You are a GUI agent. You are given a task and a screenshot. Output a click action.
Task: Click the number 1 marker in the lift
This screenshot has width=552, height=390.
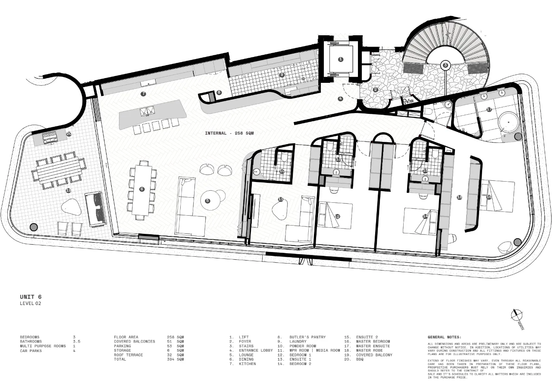[x=341, y=59]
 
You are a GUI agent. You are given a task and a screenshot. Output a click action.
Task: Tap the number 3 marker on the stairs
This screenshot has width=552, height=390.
[x=445, y=65]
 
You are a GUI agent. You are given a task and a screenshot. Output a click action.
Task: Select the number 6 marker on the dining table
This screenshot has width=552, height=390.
[x=141, y=189]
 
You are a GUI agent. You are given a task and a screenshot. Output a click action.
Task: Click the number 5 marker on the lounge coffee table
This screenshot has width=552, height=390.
[x=207, y=201]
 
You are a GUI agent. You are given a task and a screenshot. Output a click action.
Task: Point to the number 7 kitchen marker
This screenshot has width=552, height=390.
[x=143, y=94]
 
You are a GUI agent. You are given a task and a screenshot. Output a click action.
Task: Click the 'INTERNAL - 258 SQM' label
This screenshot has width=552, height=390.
[x=229, y=133]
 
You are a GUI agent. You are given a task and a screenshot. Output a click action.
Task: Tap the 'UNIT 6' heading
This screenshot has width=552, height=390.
[x=31, y=297]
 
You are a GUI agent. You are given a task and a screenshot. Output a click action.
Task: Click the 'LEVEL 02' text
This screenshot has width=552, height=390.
[x=31, y=303]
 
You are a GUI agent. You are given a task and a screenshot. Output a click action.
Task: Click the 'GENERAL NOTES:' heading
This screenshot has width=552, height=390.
[x=444, y=337]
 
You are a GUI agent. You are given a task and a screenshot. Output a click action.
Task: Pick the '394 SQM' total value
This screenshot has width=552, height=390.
[x=175, y=359]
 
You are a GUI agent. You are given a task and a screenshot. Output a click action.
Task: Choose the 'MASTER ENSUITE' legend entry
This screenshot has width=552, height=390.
[x=373, y=346]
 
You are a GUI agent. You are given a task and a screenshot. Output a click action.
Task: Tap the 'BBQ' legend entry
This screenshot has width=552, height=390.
[x=361, y=359]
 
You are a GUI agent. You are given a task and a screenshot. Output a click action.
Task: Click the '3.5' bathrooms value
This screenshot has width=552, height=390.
[x=77, y=341]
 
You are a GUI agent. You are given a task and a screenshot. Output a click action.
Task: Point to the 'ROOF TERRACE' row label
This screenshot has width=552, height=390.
[x=128, y=355]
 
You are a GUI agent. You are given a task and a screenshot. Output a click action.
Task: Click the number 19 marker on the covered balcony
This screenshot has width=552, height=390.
[x=68, y=190]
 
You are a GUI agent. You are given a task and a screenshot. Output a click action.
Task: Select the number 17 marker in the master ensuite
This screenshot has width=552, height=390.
[x=489, y=109]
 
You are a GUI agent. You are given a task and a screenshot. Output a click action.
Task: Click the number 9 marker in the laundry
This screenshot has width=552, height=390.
[x=282, y=75]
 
